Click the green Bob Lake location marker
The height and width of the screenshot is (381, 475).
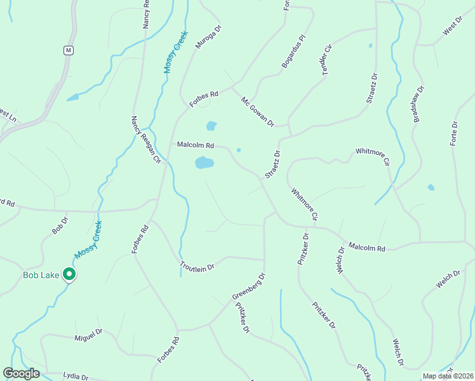(69, 274)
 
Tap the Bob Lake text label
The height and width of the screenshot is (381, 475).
(41, 275)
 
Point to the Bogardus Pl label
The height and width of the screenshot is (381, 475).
(294, 56)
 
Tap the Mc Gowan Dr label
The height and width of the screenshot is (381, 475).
(257, 110)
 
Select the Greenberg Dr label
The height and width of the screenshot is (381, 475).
(248, 287)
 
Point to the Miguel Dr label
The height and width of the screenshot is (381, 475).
(88, 334)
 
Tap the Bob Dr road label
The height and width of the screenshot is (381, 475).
(60, 225)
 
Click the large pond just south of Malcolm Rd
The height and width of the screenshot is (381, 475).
(204, 163)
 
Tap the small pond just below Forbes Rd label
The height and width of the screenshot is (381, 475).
(211, 126)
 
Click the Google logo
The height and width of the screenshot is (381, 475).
(21, 373)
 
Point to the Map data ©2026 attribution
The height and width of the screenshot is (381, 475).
(447, 376)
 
